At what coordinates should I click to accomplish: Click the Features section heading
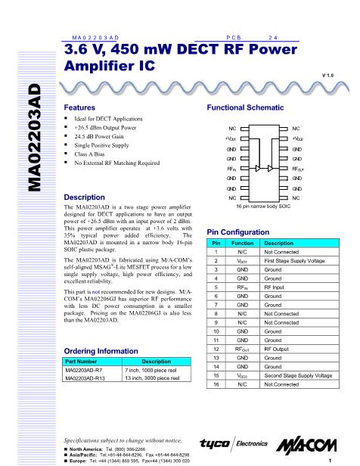point(79,109)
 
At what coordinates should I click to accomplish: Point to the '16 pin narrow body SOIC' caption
point(254,205)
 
